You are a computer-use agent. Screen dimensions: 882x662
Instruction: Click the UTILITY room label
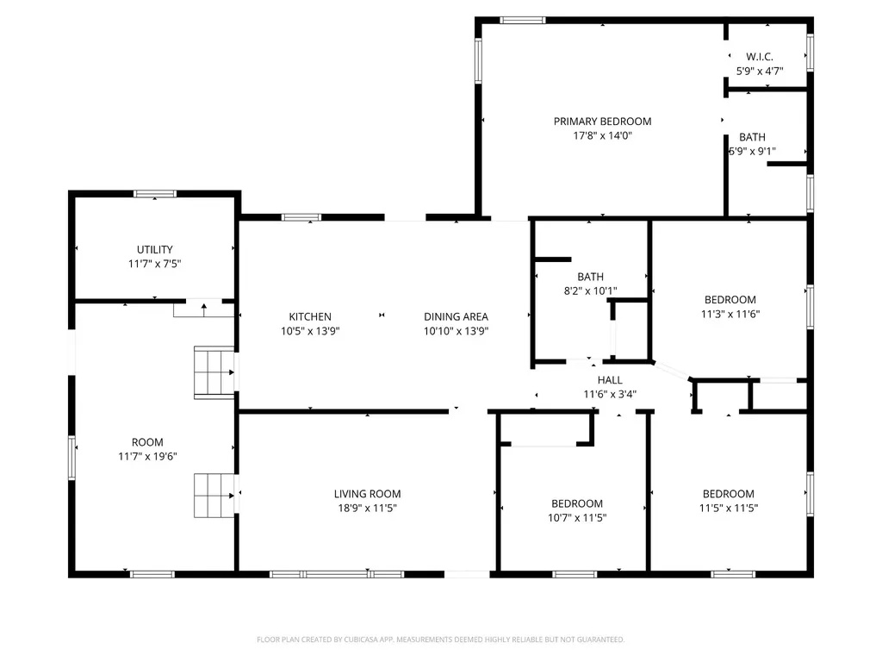pos(155,249)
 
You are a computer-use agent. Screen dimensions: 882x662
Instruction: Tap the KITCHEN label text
pos(310,317)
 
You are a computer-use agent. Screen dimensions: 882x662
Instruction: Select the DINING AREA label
pos(456,317)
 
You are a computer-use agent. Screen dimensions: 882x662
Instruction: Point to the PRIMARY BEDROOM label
pos(602,122)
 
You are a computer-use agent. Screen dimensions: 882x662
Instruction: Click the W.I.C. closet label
pos(760,57)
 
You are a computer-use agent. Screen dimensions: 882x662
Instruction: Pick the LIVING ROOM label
pos(367,494)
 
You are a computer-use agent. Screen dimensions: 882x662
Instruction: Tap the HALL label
pos(610,380)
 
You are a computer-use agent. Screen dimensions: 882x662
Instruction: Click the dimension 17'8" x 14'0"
pos(602,135)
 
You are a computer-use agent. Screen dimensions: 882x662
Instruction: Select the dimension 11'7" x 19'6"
pos(147,457)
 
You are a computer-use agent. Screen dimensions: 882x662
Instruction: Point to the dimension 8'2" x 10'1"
pos(591,291)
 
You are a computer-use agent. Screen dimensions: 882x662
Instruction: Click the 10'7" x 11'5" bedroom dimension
pos(577,518)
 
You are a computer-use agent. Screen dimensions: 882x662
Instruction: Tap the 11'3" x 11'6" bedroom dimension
pos(730,314)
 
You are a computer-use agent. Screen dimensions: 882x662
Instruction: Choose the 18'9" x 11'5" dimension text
pos(367,509)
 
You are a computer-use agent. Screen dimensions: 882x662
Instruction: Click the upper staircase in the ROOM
pos(214,372)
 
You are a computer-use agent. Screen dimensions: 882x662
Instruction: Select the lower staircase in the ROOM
pos(214,496)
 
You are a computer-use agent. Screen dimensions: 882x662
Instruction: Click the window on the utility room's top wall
pos(155,194)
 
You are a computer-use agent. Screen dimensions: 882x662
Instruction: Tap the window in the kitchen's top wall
pos(301,217)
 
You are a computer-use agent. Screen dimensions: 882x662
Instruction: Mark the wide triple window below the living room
pos(337,574)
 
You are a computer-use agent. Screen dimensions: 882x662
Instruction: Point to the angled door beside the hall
pos(671,371)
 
